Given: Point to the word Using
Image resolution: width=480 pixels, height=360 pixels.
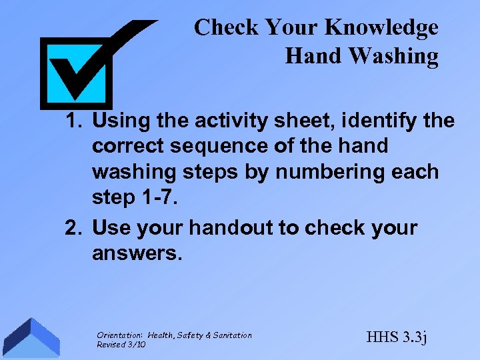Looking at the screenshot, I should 119,122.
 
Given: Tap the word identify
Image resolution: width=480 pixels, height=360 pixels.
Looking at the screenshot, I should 378,121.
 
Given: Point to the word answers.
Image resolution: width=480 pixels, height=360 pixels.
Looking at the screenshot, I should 137,253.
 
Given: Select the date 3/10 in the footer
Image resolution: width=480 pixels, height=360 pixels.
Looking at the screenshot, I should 136,345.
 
